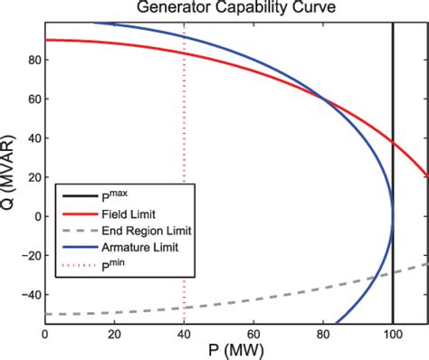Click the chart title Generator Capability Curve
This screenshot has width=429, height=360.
coord(235,8)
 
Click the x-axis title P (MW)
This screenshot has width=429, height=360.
coord(236,350)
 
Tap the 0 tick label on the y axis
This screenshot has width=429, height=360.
coord(37,216)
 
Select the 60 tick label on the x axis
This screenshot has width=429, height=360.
coord(253,334)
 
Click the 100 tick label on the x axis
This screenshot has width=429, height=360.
coord(392,334)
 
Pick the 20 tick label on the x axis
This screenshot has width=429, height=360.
coord(114,334)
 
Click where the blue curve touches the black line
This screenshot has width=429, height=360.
coord(393,215)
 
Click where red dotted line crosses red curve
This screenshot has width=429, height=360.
coord(185,53)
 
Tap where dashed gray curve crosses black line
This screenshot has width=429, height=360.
coord(393,272)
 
